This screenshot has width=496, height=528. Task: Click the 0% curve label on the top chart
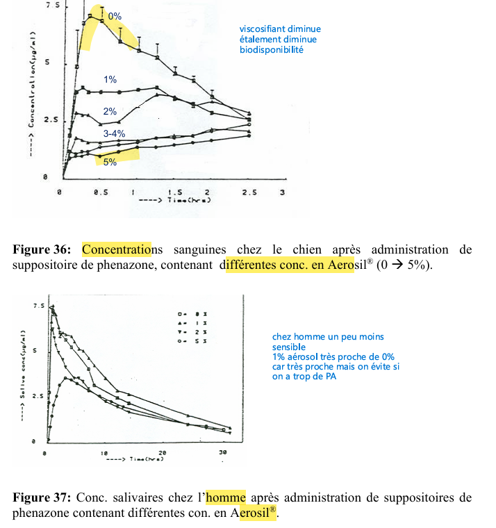(115, 15)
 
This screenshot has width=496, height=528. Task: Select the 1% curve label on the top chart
(110, 80)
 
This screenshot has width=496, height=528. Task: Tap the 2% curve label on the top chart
(110, 111)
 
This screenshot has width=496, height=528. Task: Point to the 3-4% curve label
(114, 133)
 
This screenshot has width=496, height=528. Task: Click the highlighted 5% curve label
(110, 162)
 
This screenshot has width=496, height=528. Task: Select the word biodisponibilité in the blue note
(272, 50)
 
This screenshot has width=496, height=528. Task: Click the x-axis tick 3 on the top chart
(281, 191)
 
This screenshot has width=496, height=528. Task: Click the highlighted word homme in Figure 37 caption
(226, 497)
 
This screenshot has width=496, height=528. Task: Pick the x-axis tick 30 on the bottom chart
(220, 453)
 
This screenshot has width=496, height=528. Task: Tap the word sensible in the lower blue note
(288, 347)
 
